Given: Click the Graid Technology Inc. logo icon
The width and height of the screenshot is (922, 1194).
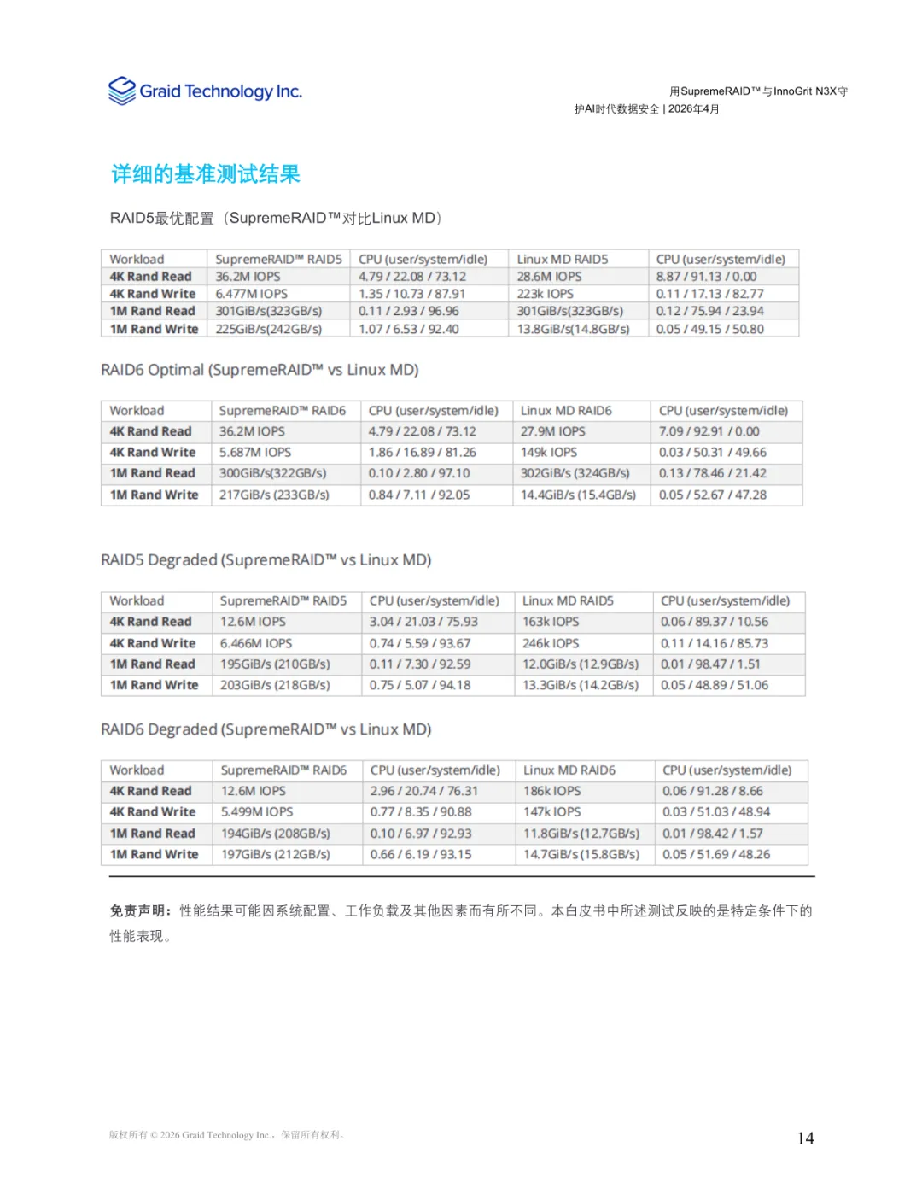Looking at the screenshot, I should [122, 91].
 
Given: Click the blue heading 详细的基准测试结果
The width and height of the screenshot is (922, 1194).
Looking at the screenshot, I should [206, 174].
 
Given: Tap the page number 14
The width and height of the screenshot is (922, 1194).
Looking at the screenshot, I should [805, 1138].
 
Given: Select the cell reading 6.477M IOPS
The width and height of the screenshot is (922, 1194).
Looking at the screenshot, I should [252, 294].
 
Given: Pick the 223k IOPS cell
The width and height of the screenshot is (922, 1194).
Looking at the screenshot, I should [546, 294].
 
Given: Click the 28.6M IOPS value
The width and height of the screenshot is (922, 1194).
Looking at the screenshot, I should [549, 277].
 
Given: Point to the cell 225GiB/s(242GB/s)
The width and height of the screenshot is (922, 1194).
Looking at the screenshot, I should [269, 329].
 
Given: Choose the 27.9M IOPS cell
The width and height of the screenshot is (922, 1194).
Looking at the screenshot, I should [553, 431].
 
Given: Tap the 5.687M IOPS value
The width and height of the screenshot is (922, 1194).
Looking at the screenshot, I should [255, 452].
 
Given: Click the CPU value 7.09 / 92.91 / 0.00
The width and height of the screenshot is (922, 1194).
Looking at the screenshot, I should [709, 431].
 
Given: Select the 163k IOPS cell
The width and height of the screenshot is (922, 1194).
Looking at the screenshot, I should [551, 622].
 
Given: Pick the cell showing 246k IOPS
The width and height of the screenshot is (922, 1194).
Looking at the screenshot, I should [551, 643].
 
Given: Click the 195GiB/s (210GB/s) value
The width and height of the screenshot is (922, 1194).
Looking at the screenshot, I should [275, 664].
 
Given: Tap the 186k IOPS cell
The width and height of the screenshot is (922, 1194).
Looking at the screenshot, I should [552, 791].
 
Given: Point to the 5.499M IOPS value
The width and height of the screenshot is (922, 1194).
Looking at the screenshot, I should [257, 811].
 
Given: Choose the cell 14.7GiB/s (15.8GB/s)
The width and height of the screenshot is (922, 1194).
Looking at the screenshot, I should [581, 854].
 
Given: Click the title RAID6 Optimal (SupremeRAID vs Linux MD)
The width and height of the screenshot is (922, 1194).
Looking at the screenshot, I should [260, 370].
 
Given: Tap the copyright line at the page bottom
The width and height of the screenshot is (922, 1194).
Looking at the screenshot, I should [226, 1135].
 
